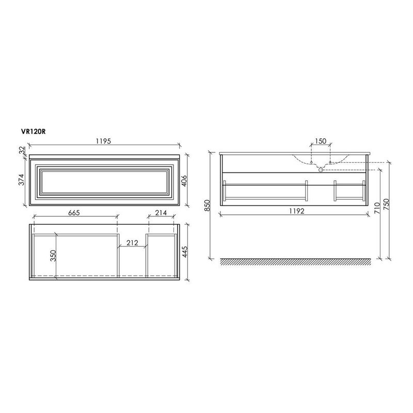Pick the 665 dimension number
coord(74,213)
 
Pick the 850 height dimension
coord(207,205)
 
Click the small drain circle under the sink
coord(320,169)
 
